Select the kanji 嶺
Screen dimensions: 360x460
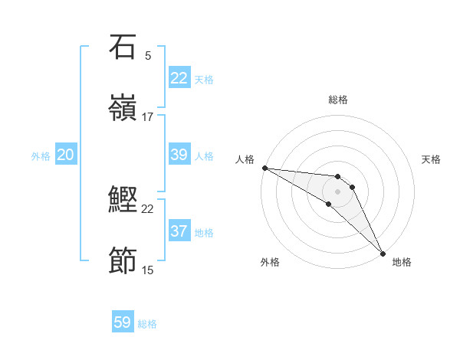tap(123, 108)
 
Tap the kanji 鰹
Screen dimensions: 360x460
tap(123, 200)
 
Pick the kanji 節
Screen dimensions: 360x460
tap(123, 261)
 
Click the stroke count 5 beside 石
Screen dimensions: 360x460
tap(148, 55)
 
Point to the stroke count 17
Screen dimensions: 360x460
tap(148, 116)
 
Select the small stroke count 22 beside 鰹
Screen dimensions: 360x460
tap(148, 208)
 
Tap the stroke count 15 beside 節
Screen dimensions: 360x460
tap(148, 270)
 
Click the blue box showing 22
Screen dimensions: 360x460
tap(179, 78)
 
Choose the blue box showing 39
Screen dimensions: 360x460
tap(179, 155)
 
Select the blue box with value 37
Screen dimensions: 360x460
tap(179, 231)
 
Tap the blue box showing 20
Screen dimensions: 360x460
tap(66, 155)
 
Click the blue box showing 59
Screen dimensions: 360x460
tap(123, 322)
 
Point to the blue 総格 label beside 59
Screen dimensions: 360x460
tap(147, 324)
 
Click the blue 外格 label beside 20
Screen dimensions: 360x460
tap(41, 156)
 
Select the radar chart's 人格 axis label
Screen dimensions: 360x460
tap(245, 159)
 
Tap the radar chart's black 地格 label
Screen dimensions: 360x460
tap(402, 262)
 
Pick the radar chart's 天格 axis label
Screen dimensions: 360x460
tap(431, 159)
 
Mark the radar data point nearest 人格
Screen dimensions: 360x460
tap(264, 168)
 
